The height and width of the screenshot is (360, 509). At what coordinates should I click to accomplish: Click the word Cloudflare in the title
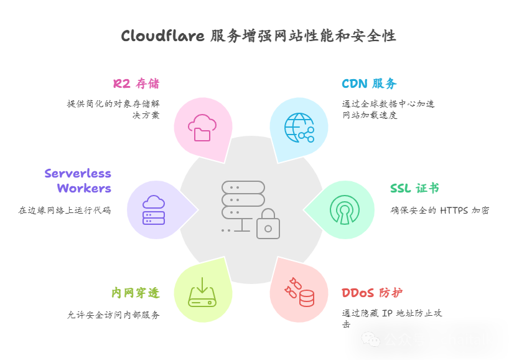(x=162, y=36)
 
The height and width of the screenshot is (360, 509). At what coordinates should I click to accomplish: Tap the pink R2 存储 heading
(x=136, y=83)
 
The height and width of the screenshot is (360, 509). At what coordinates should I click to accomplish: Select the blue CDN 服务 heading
(x=369, y=83)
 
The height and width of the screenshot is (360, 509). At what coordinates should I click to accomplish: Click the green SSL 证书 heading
(x=414, y=188)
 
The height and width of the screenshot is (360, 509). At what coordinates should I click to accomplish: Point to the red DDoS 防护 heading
(x=372, y=293)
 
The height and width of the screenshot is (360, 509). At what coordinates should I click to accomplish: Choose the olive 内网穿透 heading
(x=135, y=293)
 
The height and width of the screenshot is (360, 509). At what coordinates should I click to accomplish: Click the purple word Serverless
(x=78, y=173)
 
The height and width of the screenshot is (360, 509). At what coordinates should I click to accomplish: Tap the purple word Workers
(x=84, y=188)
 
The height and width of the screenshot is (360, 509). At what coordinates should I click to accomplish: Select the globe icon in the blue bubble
(x=299, y=127)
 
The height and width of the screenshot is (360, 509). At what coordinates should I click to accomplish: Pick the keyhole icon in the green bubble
(x=344, y=210)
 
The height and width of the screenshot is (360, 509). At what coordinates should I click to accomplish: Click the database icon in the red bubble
(x=306, y=298)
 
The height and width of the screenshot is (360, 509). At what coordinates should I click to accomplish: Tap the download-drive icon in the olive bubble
(x=202, y=292)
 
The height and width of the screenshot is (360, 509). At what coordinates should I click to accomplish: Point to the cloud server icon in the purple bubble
(x=154, y=210)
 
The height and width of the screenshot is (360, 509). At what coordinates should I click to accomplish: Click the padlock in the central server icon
(x=268, y=225)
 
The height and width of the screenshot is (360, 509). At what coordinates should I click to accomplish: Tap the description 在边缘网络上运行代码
(x=65, y=211)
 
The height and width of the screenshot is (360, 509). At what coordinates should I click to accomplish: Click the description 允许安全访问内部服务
(x=113, y=315)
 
